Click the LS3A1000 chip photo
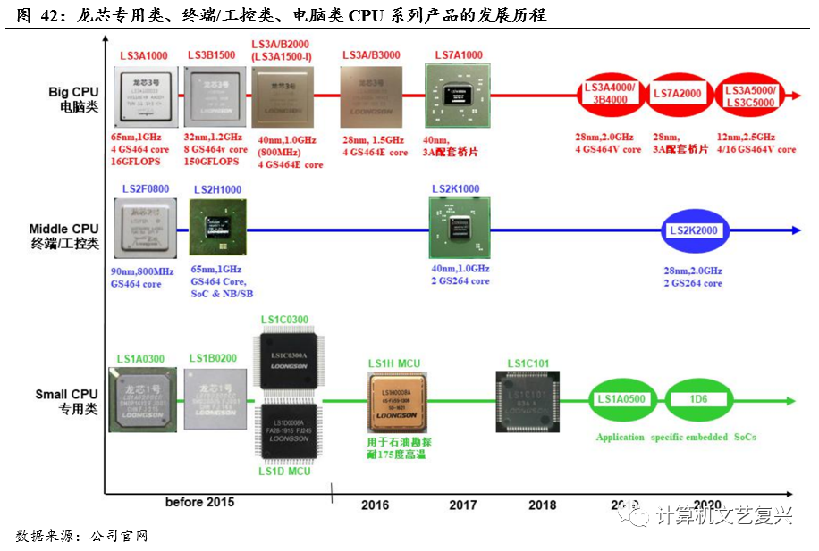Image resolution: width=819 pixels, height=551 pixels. pos(144,96)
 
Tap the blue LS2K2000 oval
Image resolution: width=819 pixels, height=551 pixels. pos(695,230)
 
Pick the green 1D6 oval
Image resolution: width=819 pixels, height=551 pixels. pos(698,399)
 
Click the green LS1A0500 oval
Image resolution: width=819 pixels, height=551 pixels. pos(621,399)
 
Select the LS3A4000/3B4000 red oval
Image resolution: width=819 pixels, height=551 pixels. pos(609,94)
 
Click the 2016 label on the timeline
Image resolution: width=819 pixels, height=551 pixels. pos(375,505)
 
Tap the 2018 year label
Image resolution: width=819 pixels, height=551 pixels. pos(542,505)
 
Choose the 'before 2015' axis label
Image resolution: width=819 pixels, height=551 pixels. pos(199,502)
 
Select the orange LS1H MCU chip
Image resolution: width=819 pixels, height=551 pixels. pos(395,403)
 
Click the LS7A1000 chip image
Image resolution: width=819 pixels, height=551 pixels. pos(458,97)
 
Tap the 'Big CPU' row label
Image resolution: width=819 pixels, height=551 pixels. pos(73,92)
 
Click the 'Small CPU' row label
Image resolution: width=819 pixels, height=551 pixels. pos(66,394)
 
